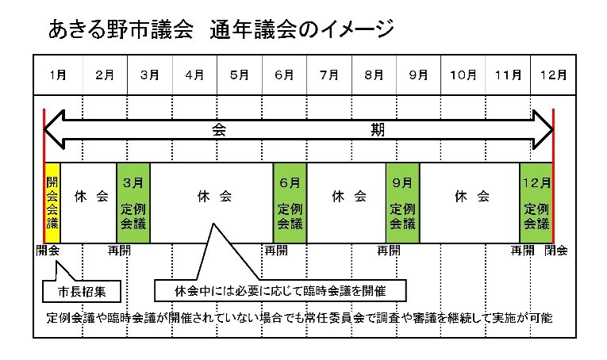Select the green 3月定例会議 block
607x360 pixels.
133,203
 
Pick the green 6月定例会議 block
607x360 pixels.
290,203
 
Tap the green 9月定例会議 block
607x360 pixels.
402,203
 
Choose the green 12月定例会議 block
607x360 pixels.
536,203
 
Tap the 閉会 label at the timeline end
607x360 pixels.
556,251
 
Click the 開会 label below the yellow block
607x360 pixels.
48,251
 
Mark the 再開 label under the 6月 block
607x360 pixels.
276,251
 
